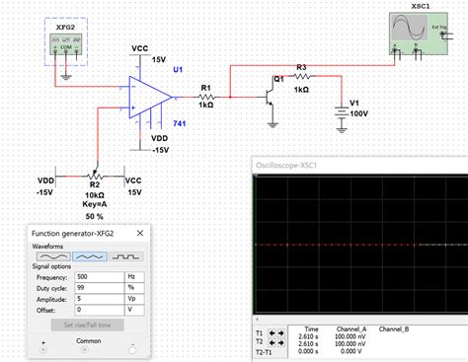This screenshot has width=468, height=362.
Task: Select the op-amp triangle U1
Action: coord(149,96)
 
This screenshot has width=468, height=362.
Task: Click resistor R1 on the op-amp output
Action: coord(207,97)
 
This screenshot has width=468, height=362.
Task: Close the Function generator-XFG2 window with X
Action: coord(140,232)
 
